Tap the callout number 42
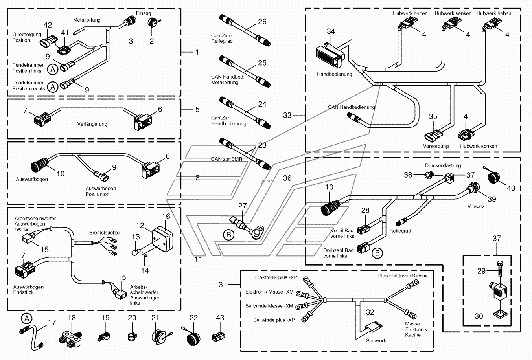click(x=48, y=25)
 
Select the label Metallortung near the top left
click(x=87, y=20)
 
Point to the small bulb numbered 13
click(x=135, y=252)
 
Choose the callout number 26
click(x=262, y=22)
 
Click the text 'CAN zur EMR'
click(x=226, y=159)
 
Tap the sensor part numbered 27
click(x=248, y=227)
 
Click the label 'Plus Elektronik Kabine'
click(x=403, y=276)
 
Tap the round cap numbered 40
click(x=493, y=178)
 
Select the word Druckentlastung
click(x=443, y=165)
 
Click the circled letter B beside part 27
click(x=229, y=235)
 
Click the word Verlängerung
click(x=92, y=124)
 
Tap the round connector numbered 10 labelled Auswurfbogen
click(x=39, y=165)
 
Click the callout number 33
click(x=287, y=115)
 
